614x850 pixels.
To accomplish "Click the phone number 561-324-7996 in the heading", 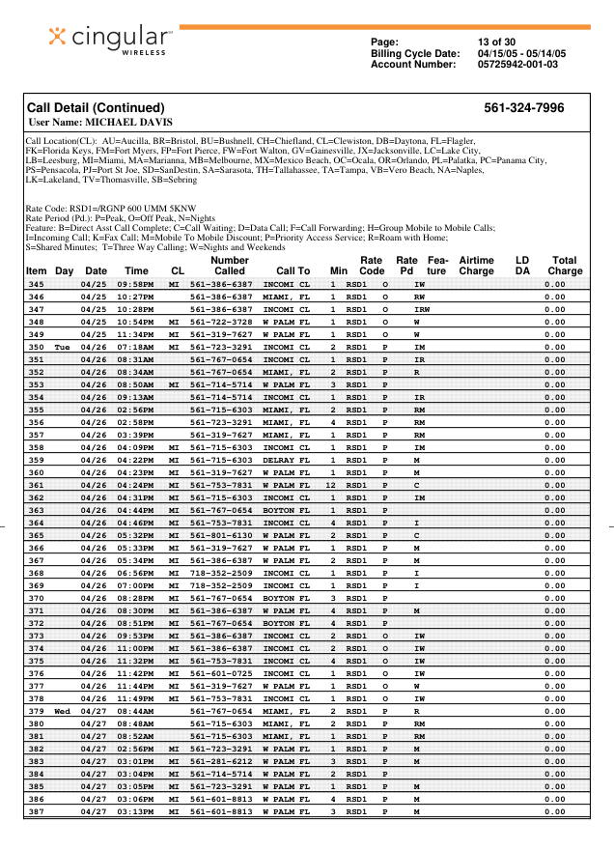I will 523,108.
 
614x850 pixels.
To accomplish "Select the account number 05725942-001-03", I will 517,65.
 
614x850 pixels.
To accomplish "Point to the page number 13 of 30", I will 496,42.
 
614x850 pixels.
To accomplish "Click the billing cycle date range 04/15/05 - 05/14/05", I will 521,53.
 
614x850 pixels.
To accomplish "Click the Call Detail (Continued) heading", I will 96,108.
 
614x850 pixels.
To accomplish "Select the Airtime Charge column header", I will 476,266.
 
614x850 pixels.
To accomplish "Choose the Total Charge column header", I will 565,266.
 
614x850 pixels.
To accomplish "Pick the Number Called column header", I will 230,266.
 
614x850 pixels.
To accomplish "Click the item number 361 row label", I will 37,485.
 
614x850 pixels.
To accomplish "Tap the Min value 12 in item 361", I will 331,485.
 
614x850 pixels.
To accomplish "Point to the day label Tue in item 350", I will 63,347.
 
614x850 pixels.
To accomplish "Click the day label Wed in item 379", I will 63,711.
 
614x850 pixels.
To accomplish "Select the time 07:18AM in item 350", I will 136,347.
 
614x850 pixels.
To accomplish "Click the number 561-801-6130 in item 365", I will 221,535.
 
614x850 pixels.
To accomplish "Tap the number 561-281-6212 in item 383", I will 221,761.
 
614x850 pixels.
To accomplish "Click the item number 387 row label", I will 37,811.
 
